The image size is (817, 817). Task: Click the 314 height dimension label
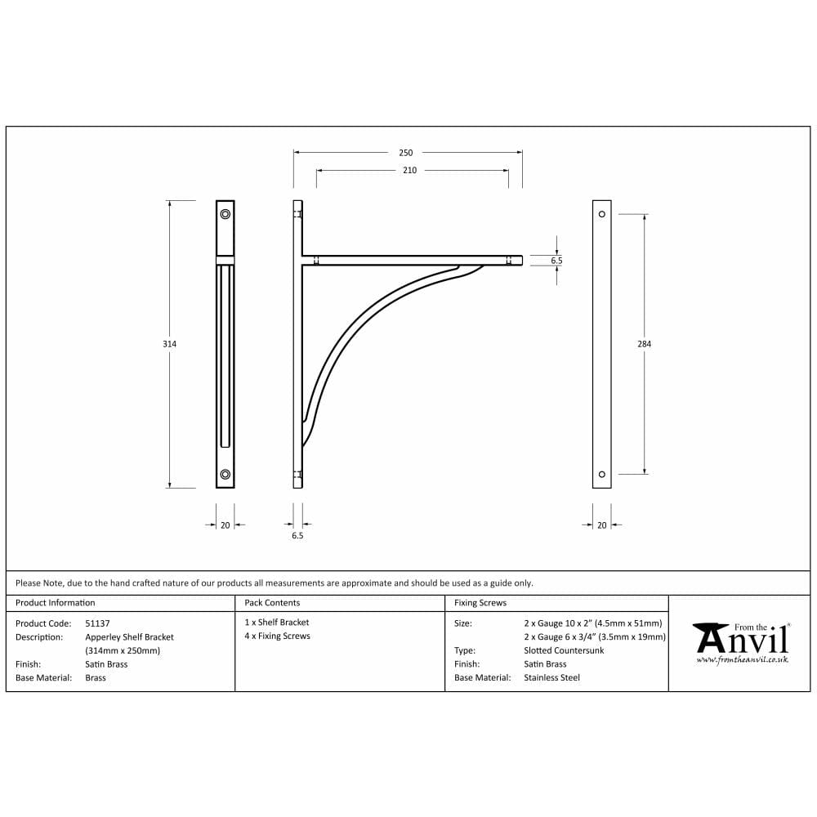pyautogui.click(x=169, y=344)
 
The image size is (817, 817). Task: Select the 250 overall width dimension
pyautogui.click(x=406, y=153)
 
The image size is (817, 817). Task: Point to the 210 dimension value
pyautogui.click(x=409, y=171)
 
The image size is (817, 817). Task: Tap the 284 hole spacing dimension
pyautogui.click(x=644, y=344)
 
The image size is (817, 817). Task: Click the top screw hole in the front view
pyautogui.click(x=225, y=214)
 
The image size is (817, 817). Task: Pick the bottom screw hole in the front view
pyautogui.click(x=225, y=474)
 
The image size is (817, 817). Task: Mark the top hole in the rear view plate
pyautogui.click(x=602, y=214)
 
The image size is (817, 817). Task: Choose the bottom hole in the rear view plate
pyautogui.click(x=602, y=474)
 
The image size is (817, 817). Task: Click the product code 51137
pyautogui.click(x=97, y=623)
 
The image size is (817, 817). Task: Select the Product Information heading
pyautogui.click(x=55, y=603)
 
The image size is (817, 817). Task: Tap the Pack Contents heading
pyautogui.click(x=272, y=603)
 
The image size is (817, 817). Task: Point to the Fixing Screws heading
pyautogui.click(x=480, y=603)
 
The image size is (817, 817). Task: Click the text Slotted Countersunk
pyautogui.click(x=564, y=650)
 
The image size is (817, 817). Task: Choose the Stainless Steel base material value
pyautogui.click(x=551, y=677)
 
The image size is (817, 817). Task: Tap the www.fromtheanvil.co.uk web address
pyautogui.click(x=742, y=659)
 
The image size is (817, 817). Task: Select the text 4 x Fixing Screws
pyautogui.click(x=278, y=636)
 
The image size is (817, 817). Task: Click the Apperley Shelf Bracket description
pyautogui.click(x=129, y=636)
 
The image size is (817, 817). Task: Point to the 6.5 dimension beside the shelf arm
pyautogui.click(x=556, y=261)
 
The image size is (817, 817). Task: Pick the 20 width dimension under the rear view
pyautogui.click(x=602, y=525)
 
